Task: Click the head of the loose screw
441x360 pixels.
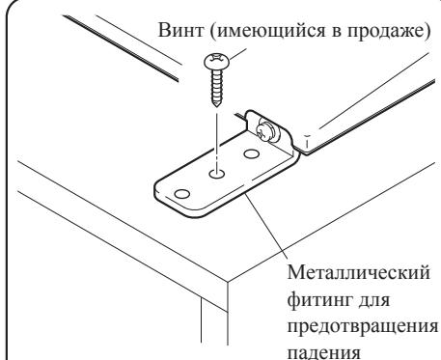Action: tap(214, 63)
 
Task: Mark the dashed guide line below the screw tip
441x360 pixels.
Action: tap(217, 140)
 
